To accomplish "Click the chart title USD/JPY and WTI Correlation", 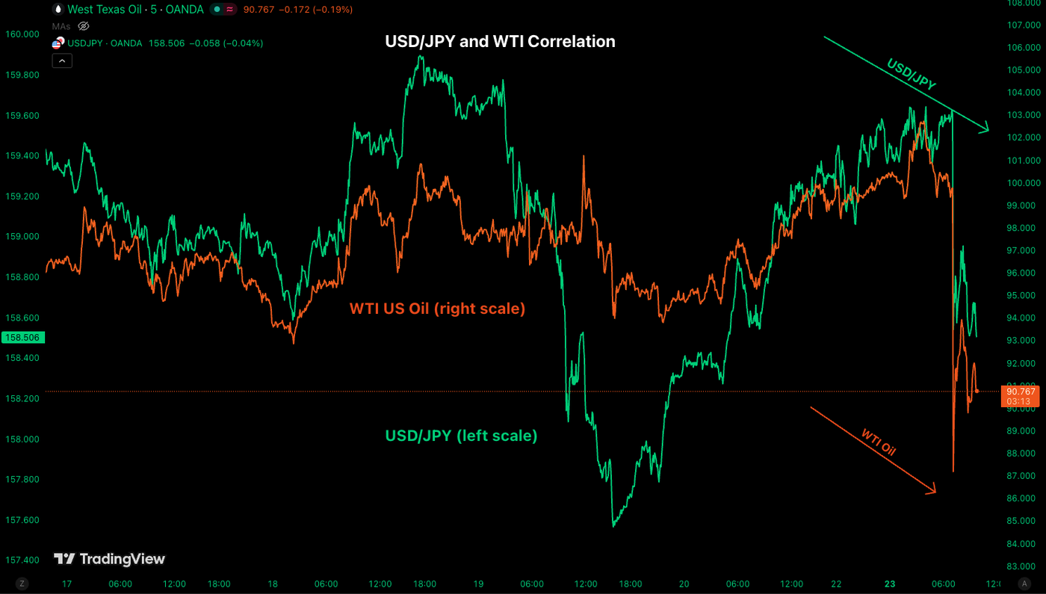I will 500,42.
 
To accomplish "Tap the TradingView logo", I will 109,559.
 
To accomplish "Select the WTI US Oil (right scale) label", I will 437,308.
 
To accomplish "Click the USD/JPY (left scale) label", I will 461,435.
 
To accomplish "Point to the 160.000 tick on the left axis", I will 22,34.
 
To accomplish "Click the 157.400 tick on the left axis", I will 22,560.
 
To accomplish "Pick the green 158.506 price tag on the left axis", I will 22,338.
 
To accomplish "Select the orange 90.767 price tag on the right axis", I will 1021,395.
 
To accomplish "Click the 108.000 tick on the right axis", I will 1023,3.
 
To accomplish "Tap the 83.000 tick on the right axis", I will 1023,566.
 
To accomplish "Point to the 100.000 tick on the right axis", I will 1023,183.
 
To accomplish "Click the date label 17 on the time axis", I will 67,584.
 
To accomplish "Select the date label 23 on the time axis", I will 889,584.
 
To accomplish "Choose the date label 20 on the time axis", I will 684,584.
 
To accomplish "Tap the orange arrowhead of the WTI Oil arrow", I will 932,490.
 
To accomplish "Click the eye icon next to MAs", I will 84,26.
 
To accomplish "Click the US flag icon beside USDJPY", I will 58,43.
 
